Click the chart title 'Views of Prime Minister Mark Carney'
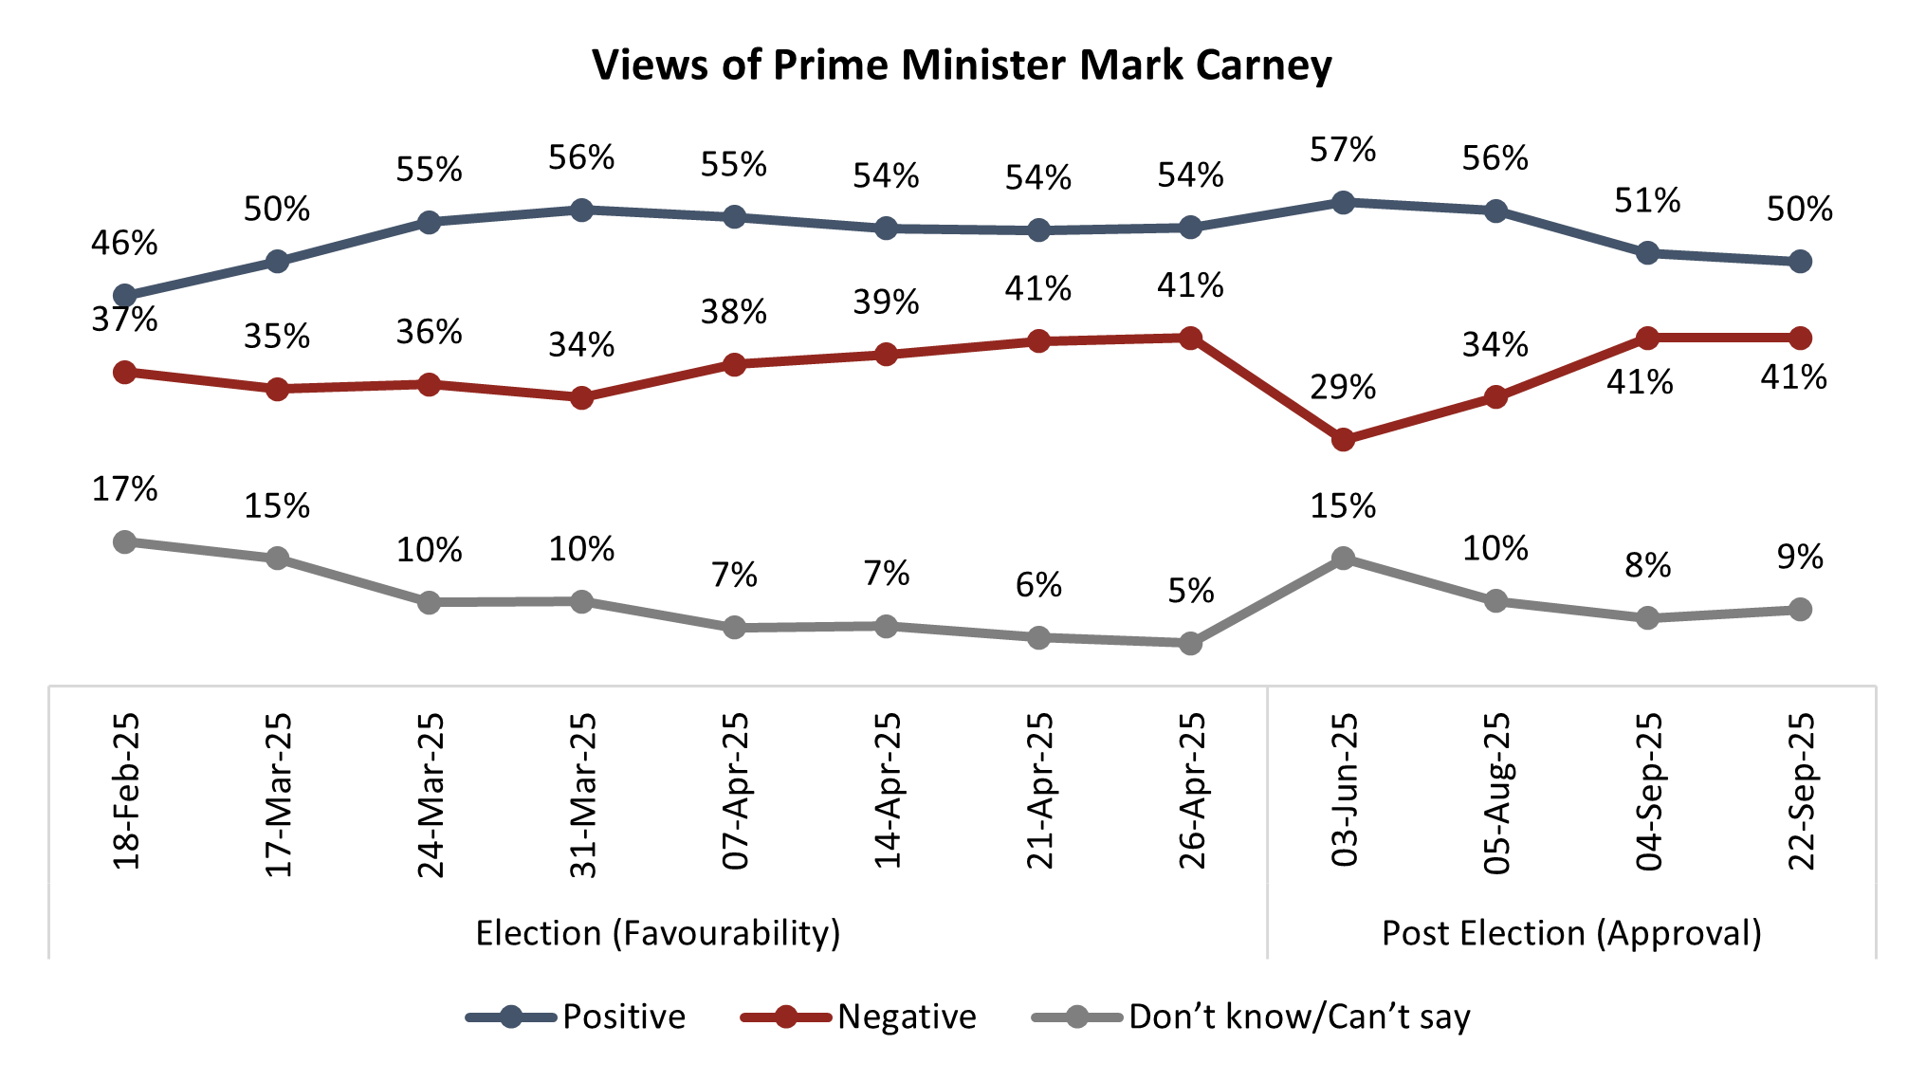point(962,65)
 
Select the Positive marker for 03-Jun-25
point(1343,202)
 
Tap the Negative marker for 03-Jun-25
point(1343,440)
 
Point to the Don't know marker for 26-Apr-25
point(1191,644)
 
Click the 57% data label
point(1343,150)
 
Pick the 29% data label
point(1343,388)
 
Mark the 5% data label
point(1191,592)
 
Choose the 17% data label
point(124,489)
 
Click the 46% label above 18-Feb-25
point(124,244)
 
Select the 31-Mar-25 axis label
point(582,795)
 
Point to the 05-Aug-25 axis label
point(1496,793)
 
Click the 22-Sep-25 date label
point(1801,791)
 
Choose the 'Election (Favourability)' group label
point(658,933)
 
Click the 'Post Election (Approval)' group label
point(1571,933)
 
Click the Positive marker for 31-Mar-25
point(582,210)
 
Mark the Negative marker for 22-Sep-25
point(1800,338)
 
